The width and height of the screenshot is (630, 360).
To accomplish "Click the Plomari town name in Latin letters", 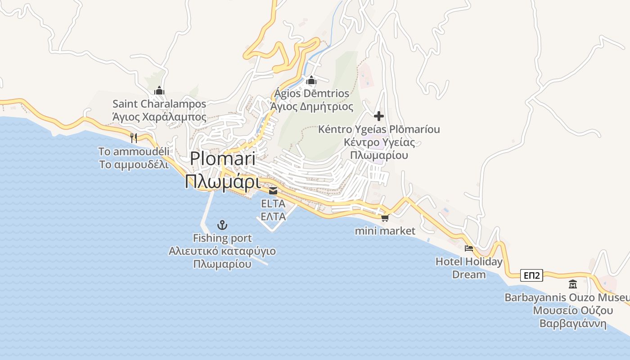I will coord(222,159).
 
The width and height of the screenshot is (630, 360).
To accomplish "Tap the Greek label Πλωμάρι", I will coord(222,182).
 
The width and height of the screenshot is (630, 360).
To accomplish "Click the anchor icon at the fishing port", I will coord(222,225).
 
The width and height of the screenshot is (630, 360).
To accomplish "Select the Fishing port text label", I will coord(222,238).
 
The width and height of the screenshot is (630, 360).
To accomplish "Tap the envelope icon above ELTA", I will coord(273,191).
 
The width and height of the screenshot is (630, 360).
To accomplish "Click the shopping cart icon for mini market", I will coord(385,218).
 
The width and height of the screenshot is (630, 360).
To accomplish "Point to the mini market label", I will coord(385,231).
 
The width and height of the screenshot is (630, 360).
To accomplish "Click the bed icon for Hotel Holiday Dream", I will coord(469,248).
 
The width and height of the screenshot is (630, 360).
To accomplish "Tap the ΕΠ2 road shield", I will coord(531,275).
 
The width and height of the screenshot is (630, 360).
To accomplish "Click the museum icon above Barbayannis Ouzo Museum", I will coord(573,284).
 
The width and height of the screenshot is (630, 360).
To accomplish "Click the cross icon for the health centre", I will coord(379,116).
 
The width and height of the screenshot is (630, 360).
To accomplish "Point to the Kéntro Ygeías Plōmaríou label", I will coord(379,130).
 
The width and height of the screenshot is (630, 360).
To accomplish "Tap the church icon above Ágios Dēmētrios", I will coord(311,81).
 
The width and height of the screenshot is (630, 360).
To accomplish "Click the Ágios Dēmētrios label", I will coord(311,94).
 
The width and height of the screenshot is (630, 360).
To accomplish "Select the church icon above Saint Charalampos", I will coord(159,91).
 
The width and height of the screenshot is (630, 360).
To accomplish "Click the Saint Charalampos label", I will coord(159,104).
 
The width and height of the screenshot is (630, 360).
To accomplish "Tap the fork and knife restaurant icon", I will coord(133,138).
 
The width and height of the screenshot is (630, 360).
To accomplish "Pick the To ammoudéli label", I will coord(134,151).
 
